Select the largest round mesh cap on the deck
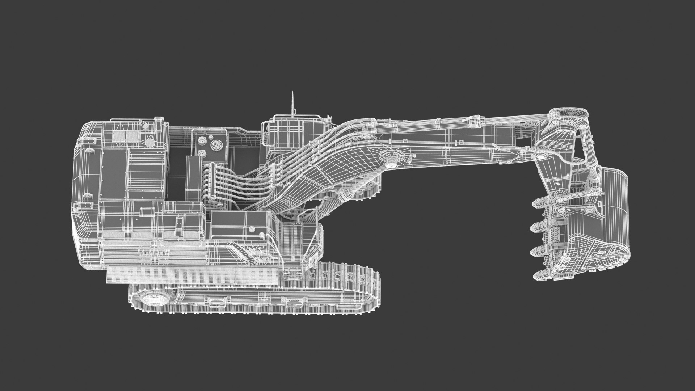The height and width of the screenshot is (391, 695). tap(216, 145)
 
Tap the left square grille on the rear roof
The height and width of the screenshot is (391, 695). tap(118, 136)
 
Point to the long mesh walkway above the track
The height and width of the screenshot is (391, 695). tap(192, 276)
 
